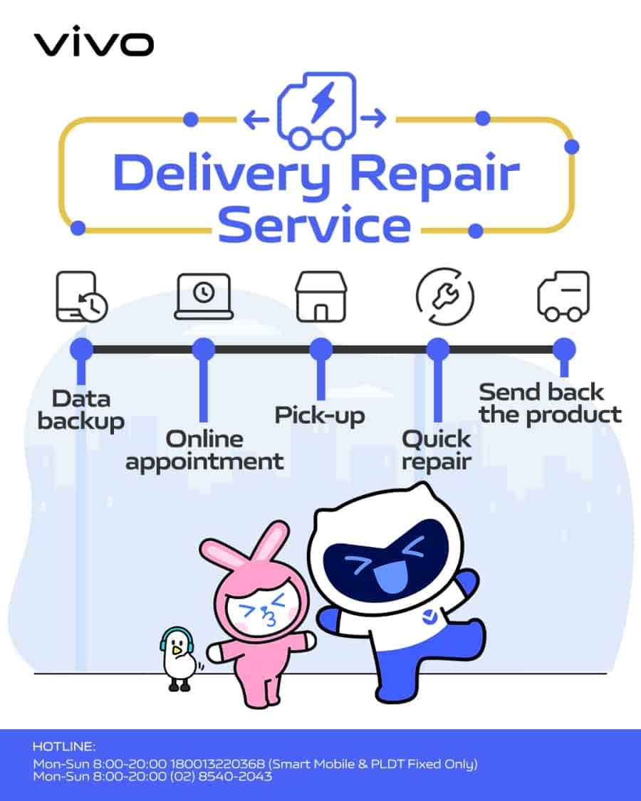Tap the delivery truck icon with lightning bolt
point(316,110)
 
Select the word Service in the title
point(314,224)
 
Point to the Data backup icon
point(80,296)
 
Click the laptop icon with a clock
point(204,295)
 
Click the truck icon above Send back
point(563,295)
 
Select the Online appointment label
point(204,449)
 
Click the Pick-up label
point(320,415)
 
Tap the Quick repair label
point(437,449)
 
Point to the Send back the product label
point(550,403)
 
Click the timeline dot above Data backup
point(81,350)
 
